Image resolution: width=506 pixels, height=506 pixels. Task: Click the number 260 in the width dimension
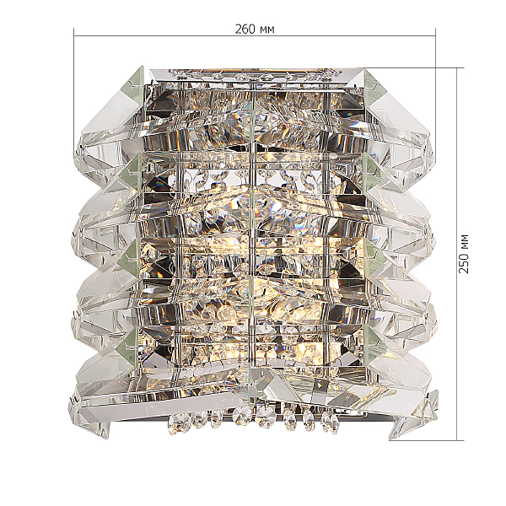(x=245, y=30)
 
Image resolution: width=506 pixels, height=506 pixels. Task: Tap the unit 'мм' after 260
(x=266, y=30)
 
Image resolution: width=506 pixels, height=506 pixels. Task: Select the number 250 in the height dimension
(x=463, y=262)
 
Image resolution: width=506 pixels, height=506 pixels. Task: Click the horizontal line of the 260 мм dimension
(x=255, y=35)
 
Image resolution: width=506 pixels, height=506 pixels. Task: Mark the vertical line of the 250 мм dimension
(x=457, y=254)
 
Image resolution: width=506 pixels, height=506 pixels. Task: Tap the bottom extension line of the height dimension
(x=426, y=440)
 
